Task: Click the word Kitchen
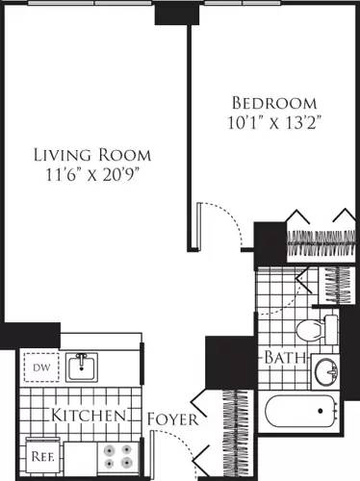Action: [x=90, y=417]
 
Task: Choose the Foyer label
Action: [x=173, y=420]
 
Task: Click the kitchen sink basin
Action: [x=85, y=367]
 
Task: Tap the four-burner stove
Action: [x=117, y=455]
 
